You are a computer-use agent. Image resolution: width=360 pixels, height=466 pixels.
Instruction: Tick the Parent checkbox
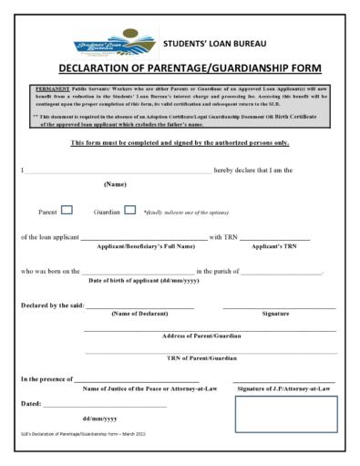click(x=67, y=210)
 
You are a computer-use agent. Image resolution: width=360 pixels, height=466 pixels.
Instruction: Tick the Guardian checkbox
click(x=129, y=210)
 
